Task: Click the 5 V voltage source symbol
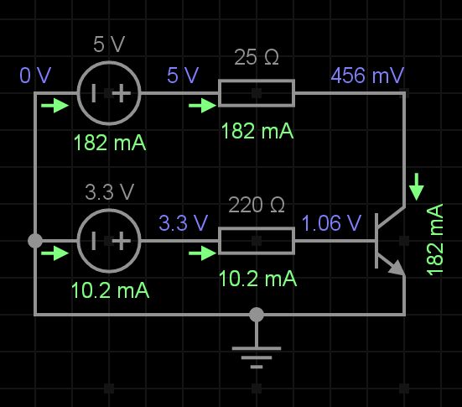click(109, 93)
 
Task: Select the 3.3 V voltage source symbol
click(109, 241)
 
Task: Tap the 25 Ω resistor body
click(257, 93)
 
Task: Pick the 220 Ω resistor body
click(257, 241)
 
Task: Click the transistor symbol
click(389, 241)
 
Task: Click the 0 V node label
click(35, 76)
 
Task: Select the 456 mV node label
click(367, 76)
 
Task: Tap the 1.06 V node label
click(331, 223)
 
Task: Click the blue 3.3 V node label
click(183, 223)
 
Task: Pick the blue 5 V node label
click(183, 76)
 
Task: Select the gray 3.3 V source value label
click(109, 192)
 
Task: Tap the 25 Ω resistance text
click(257, 58)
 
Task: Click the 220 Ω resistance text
click(257, 206)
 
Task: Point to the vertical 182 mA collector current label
click(436, 239)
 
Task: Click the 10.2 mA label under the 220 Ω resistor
click(257, 279)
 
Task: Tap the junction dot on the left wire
click(35, 241)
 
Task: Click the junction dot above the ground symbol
click(257, 315)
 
